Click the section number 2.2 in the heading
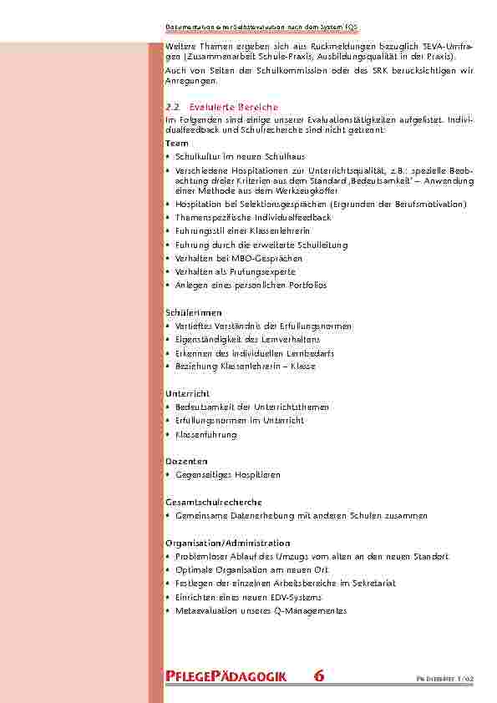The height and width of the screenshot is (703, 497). click(173, 108)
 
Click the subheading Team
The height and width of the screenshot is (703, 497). click(177, 144)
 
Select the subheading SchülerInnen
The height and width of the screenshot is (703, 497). click(187, 312)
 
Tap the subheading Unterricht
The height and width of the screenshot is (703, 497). click(187, 393)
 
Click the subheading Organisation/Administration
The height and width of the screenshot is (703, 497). click(228, 543)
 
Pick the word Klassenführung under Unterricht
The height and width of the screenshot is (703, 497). click(205, 434)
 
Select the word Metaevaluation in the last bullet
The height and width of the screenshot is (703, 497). click(205, 610)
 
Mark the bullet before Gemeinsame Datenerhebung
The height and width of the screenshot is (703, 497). click(169, 515)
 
